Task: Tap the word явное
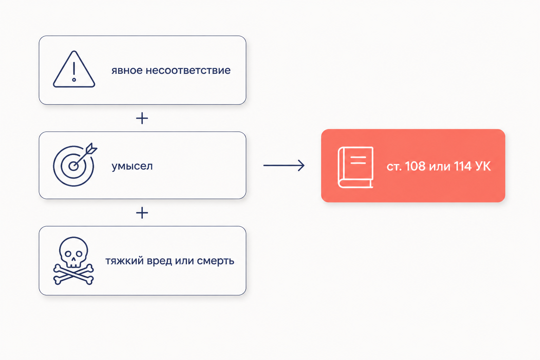127,70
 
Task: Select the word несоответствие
188,70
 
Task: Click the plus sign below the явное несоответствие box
142,118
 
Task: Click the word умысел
132,166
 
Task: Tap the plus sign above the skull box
142,213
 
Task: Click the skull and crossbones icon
73,261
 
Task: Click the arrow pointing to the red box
284,166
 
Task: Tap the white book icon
355,167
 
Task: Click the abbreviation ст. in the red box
394,167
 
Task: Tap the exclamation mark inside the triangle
74,72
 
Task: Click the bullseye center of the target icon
73,166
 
